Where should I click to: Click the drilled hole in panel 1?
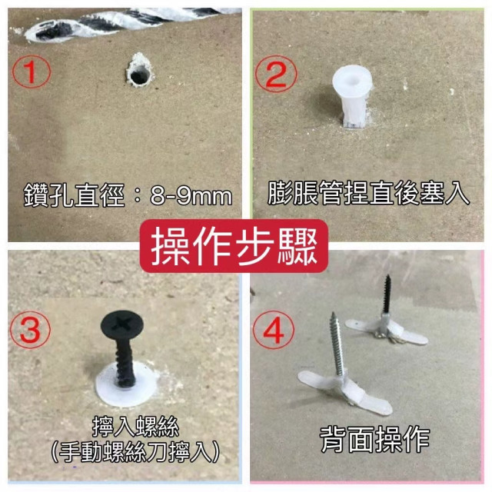coord(139,75)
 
